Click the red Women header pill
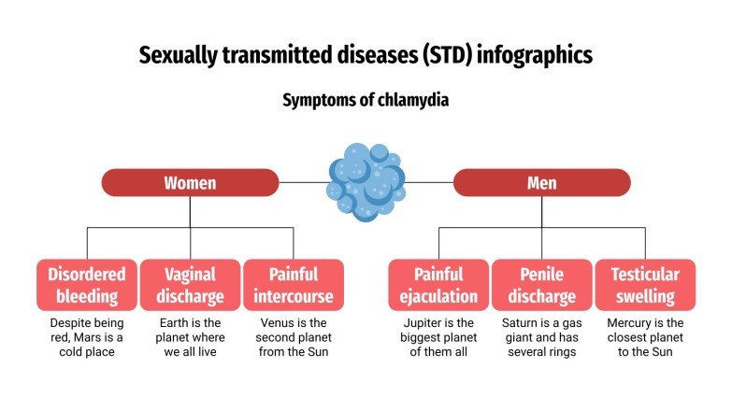click(x=190, y=182)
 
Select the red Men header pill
click(x=542, y=182)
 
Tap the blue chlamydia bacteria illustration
click(x=366, y=182)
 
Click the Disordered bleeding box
click(x=87, y=285)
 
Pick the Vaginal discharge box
click(x=190, y=285)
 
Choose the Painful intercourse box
click(x=294, y=285)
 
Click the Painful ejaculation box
click(x=438, y=285)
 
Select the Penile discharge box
click(x=542, y=285)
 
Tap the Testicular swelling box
click(x=645, y=285)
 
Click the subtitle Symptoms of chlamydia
click(x=366, y=100)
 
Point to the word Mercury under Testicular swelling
click(x=629, y=322)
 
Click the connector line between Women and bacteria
click(x=303, y=182)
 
